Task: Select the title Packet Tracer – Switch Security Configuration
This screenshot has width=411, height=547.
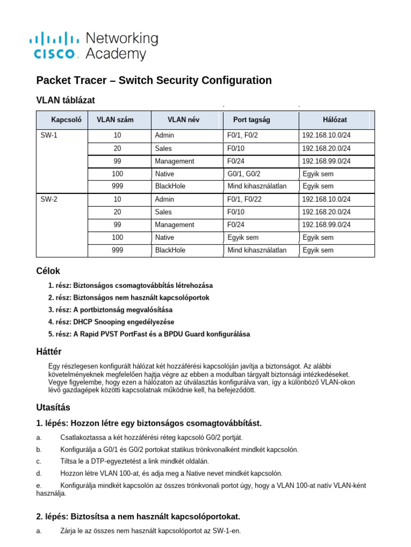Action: click(x=154, y=81)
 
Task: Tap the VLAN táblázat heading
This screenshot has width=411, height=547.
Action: click(x=65, y=100)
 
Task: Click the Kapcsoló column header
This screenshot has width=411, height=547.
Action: click(x=66, y=120)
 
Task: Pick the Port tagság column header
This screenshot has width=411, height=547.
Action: click(x=252, y=120)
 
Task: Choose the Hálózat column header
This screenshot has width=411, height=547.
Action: click(x=336, y=120)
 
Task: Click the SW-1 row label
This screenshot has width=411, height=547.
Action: click(x=49, y=136)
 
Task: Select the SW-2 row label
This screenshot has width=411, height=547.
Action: click(x=49, y=199)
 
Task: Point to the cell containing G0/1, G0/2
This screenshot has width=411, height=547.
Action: click(x=244, y=174)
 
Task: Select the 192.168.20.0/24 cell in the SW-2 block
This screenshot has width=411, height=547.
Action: click(x=326, y=212)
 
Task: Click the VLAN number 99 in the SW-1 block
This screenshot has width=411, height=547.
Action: click(x=117, y=161)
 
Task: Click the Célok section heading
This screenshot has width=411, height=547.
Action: click(x=48, y=271)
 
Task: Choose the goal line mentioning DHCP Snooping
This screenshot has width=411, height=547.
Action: click(x=111, y=322)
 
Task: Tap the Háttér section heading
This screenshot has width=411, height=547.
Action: click(x=49, y=351)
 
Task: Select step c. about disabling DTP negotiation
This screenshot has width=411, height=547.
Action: click(x=134, y=461)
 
